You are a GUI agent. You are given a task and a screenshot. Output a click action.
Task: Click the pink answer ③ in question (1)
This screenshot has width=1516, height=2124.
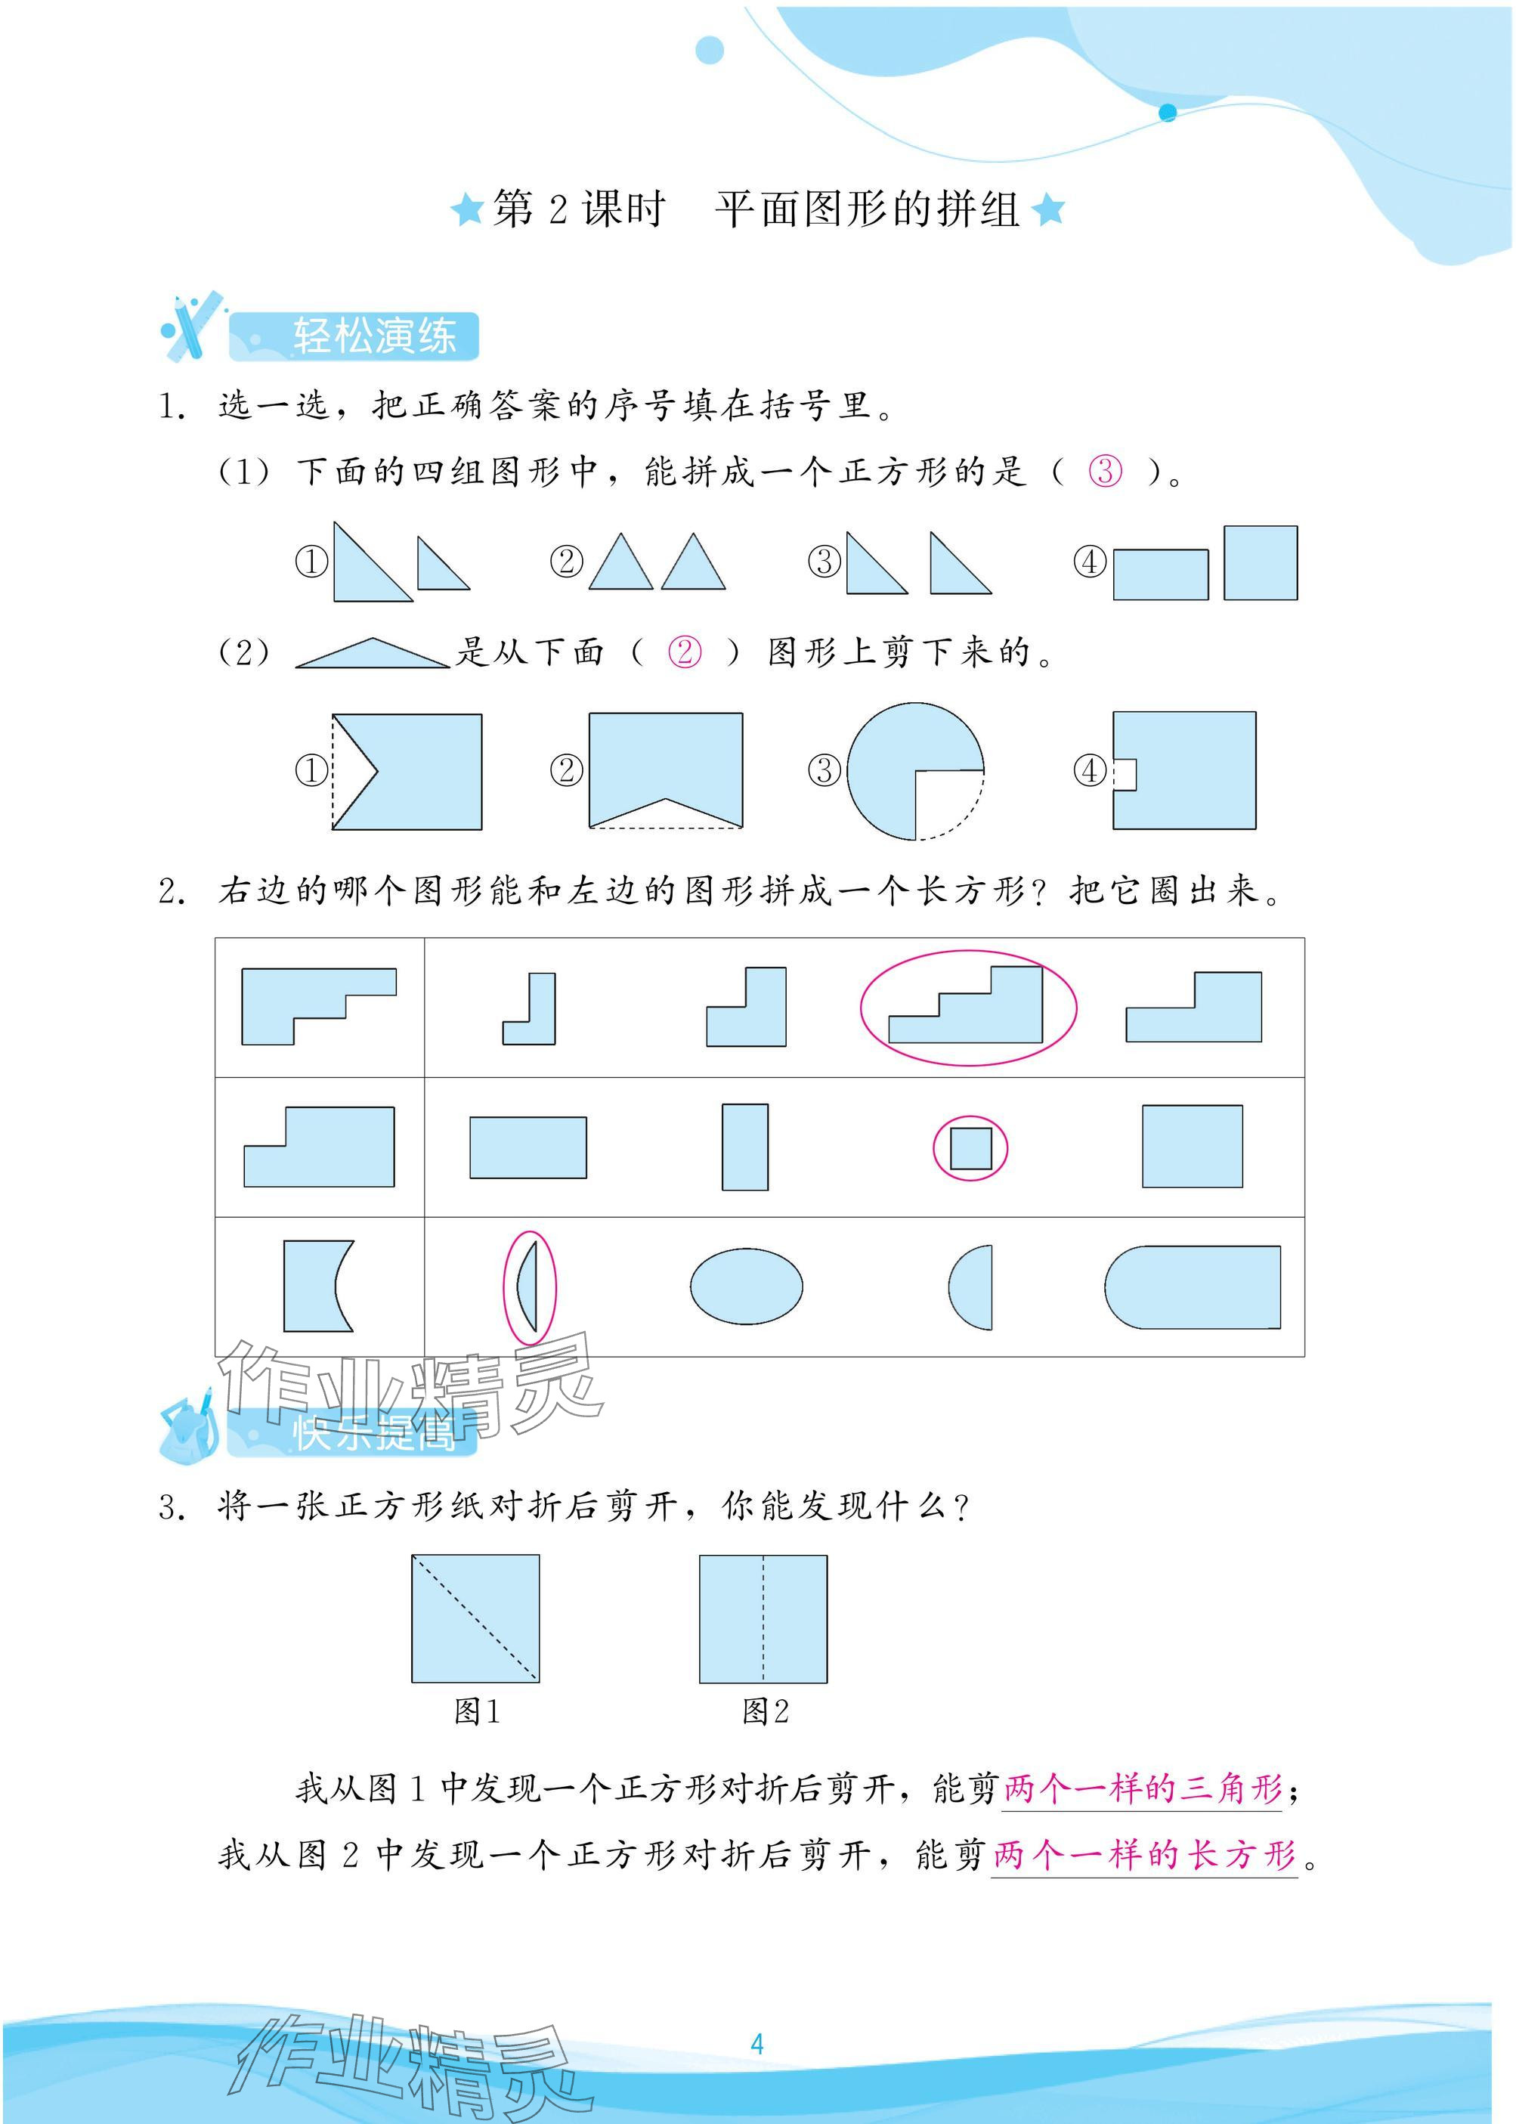click(x=1106, y=471)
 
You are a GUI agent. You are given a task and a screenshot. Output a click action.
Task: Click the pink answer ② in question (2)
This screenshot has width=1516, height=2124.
click(x=684, y=652)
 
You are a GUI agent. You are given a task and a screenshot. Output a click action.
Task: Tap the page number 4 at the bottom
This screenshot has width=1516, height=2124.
click(x=757, y=2044)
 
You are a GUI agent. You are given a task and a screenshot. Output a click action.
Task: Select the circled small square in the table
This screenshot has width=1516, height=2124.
click(x=971, y=1148)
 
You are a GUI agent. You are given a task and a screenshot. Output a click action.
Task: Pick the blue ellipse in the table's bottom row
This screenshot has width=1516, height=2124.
click(x=746, y=1286)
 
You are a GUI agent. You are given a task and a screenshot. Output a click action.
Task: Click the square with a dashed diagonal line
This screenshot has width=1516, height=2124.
click(x=475, y=1619)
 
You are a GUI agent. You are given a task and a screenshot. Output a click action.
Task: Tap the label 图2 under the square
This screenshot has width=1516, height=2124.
click(x=766, y=1711)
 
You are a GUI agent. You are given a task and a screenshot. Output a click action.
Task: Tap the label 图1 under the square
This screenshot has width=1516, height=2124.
click(x=477, y=1711)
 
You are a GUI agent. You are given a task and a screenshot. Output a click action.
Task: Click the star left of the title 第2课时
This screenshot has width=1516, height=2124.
click(x=466, y=209)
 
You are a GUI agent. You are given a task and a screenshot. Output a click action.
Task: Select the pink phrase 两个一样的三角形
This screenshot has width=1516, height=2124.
click(x=1143, y=1788)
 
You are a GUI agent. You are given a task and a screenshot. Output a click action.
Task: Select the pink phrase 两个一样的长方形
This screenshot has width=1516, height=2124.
click(x=1144, y=1854)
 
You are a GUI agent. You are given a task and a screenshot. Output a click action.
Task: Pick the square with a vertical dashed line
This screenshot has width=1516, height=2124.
click(x=763, y=1619)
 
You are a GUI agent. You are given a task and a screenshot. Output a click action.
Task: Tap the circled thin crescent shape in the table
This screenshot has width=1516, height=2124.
click(x=529, y=1287)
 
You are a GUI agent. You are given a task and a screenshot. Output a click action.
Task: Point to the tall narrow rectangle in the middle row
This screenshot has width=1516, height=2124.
click(x=745, y=1147)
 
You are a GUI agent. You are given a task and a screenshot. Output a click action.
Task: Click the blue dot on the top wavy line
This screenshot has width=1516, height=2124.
click(x=1167, y=113)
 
